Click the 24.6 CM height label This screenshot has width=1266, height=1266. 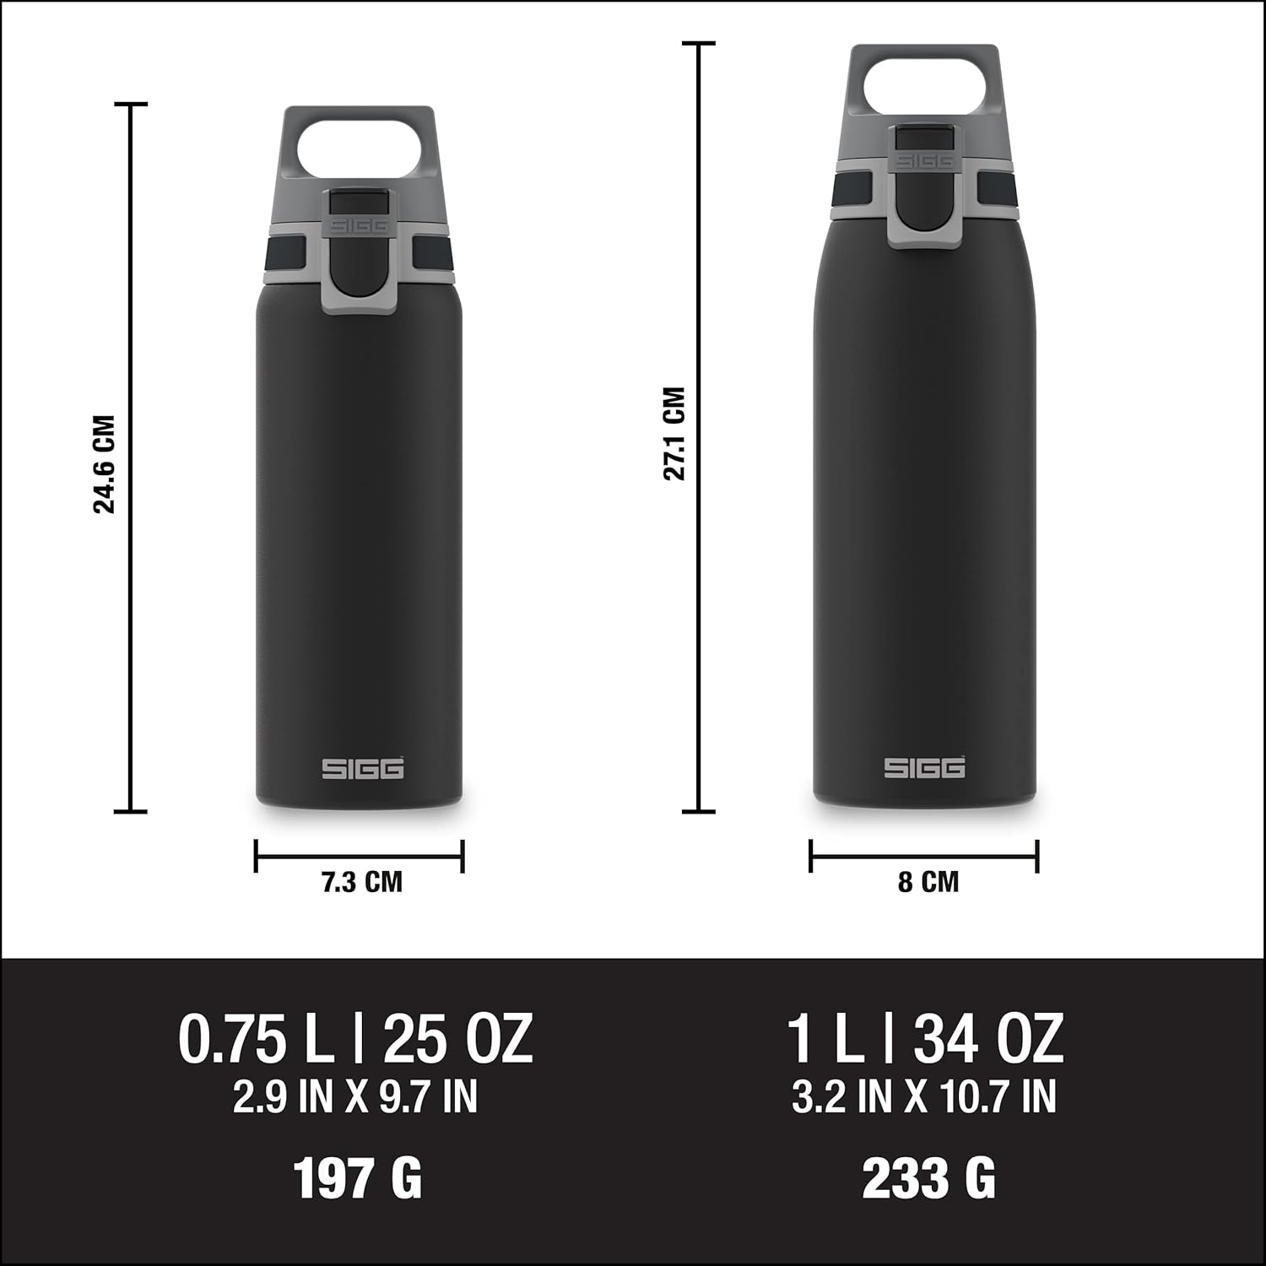click(104, 464)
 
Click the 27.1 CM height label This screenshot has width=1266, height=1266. click(674, 434)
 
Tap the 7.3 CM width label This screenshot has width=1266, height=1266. click(361, 882)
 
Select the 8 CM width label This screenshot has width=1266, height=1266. click(928, 882)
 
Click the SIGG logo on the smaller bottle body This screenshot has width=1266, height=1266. click(362, 768)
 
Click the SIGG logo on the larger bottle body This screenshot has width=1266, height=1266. click(924, 767)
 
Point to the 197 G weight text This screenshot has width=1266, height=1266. click(357, 1178)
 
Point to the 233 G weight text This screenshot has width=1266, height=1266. click(928, 1178)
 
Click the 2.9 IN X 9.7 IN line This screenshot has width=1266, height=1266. click(355, 1096)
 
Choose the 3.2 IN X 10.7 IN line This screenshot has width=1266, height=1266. click(924, 1096)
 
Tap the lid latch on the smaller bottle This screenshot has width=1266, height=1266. click(360, 253)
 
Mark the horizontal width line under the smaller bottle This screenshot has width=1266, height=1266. click(360, 857)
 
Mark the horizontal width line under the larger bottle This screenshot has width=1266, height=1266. click(924, 857)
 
